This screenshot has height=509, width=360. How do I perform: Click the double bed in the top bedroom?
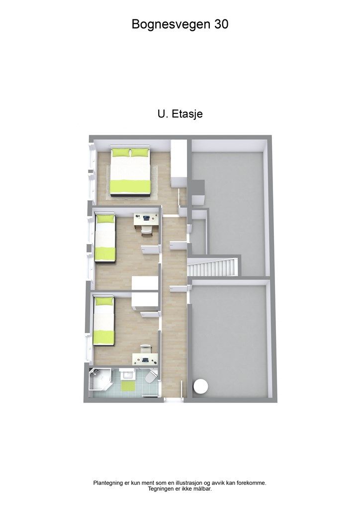pos(130,171)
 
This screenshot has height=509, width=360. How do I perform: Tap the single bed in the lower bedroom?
pos(104,321)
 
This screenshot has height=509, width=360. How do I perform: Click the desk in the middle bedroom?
pos(146,218)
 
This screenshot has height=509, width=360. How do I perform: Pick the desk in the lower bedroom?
pos(146,358)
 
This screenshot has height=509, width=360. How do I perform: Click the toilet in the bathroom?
pos(151,379)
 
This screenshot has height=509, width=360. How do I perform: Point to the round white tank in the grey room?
pos(201,387)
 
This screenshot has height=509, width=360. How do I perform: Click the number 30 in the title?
pos(222,24)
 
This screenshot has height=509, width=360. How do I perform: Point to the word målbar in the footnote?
pos(201,489)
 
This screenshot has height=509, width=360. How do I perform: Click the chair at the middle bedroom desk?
pos(146,228)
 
